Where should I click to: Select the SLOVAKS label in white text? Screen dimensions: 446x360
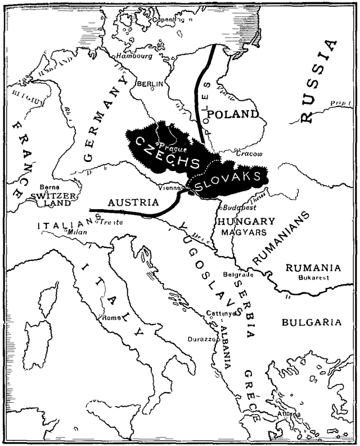pos(230,181)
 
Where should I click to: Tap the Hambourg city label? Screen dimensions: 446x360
pos(134,56)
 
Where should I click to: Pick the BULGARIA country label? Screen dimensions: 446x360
pos(311,322)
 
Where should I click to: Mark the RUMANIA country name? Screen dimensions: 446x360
pos(313,267)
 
